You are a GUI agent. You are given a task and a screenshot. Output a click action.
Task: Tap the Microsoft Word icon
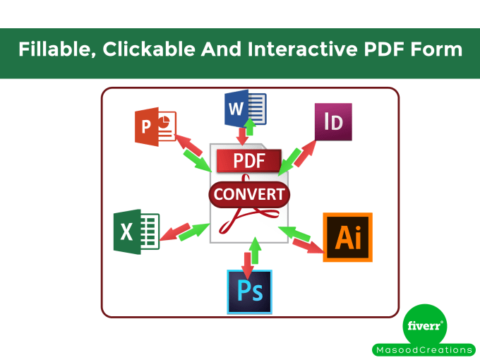244,109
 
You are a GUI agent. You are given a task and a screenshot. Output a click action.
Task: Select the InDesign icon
332,122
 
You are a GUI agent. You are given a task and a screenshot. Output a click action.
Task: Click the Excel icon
136,231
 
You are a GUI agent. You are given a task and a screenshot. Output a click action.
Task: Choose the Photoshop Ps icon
249,292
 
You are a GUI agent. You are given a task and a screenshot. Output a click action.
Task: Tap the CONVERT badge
249,195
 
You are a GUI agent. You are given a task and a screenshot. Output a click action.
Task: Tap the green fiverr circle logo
426,325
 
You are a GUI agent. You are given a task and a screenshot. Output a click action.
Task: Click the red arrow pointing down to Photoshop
247,262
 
